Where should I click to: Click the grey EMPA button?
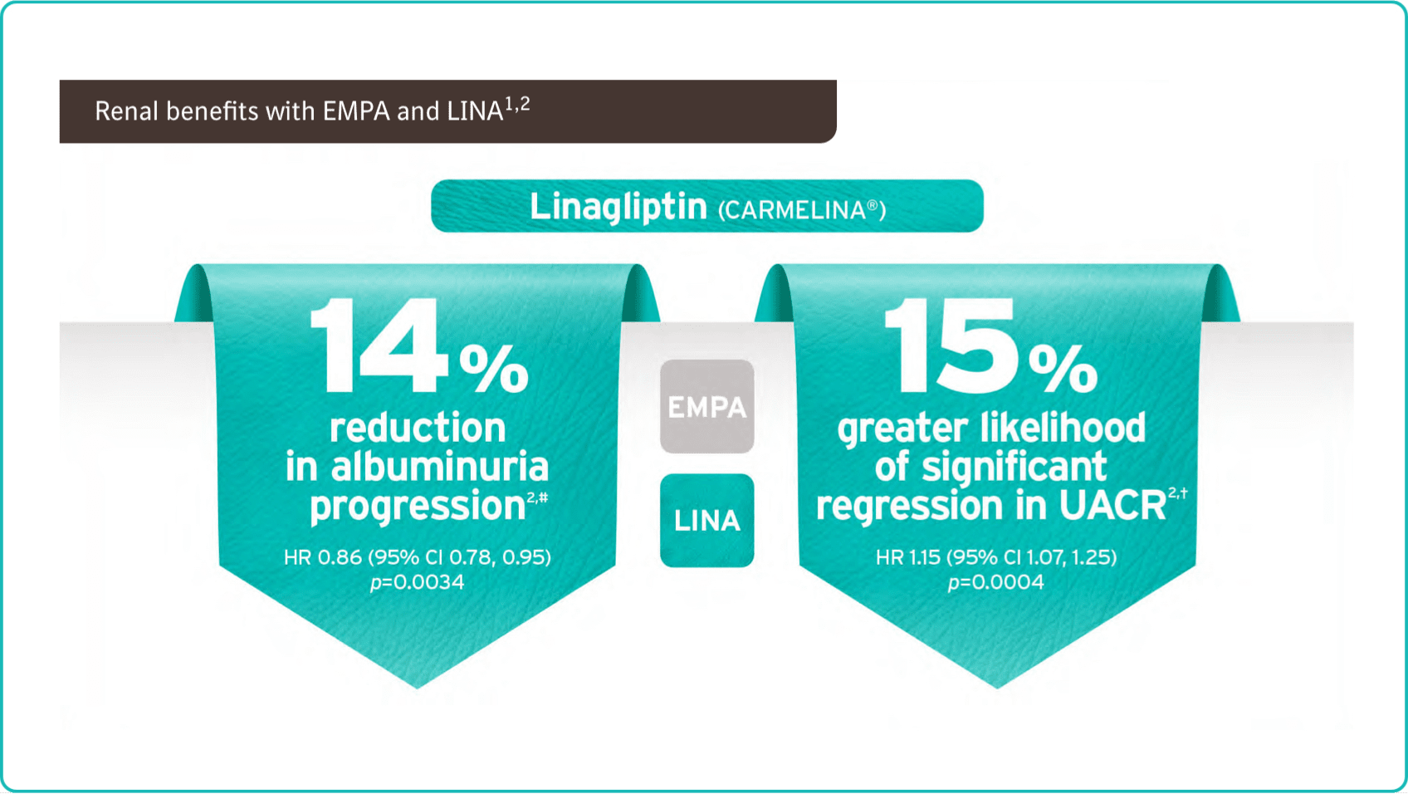pos(707,406)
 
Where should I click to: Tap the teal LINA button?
pos(707,521)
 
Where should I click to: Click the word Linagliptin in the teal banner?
pos(618,208)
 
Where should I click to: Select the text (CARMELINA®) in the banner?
pos(802,210)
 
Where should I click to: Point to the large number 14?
pos(379,346)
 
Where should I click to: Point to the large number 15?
pos(951,346)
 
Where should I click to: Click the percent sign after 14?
pos(493,370)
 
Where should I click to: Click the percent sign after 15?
pos(1063,370)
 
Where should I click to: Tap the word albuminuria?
pos(439,467)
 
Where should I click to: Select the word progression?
pos(418,506)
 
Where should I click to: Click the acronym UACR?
pos(1112,506)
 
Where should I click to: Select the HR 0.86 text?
pos(322,557)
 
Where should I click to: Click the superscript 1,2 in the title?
pos(517,105)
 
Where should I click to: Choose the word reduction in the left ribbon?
pos(418,428)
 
